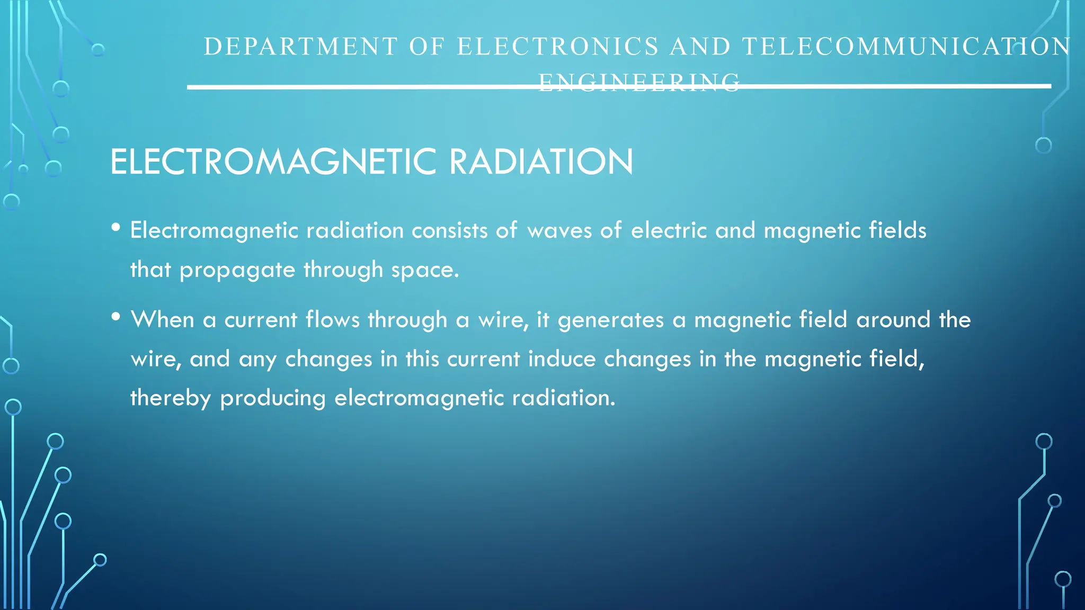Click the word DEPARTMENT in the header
point(300,47)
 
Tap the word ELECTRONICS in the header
point(558,47)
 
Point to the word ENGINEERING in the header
point(639,83)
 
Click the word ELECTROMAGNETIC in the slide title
point(273,162)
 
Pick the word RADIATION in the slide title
point(541,162)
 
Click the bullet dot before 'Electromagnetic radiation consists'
point(116,228)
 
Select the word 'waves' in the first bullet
point(559,231)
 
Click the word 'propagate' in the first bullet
point(237,271)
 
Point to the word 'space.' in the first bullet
point(425,271)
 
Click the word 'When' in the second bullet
point(163,320)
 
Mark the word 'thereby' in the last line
point(171,398)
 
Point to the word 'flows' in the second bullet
point(333,320)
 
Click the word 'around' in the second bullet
point(893,320)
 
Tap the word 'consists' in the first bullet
point(449,231)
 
